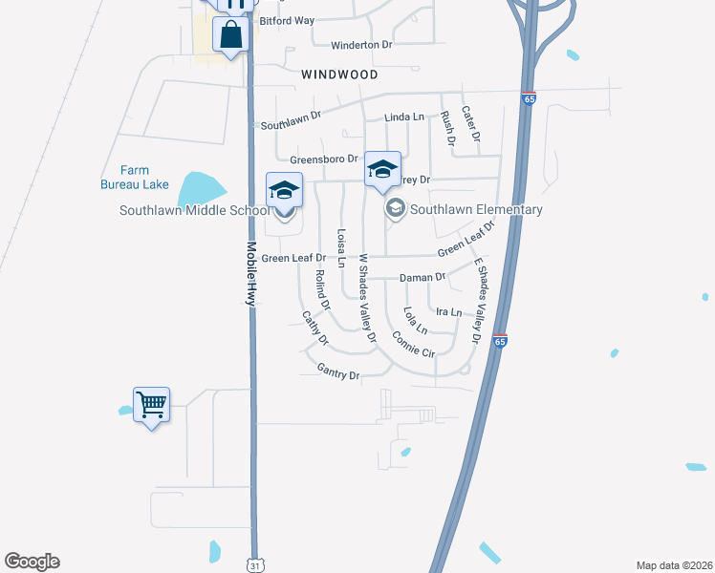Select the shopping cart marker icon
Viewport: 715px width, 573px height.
coord(151,405)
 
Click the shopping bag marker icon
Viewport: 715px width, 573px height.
coord(231,35)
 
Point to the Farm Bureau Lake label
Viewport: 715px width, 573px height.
coord(136,177)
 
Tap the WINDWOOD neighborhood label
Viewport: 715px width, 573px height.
coord(339,74)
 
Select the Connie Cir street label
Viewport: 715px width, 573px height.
coord(413,345)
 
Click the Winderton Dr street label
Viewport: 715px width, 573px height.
coord(362,45)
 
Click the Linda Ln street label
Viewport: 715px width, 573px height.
coord(404,117)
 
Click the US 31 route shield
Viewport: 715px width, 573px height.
coord(252,563)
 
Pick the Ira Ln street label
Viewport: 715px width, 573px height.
coord(448,312)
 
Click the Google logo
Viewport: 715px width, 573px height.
coord(32,562)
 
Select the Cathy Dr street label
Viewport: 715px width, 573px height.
coord(314,329)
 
